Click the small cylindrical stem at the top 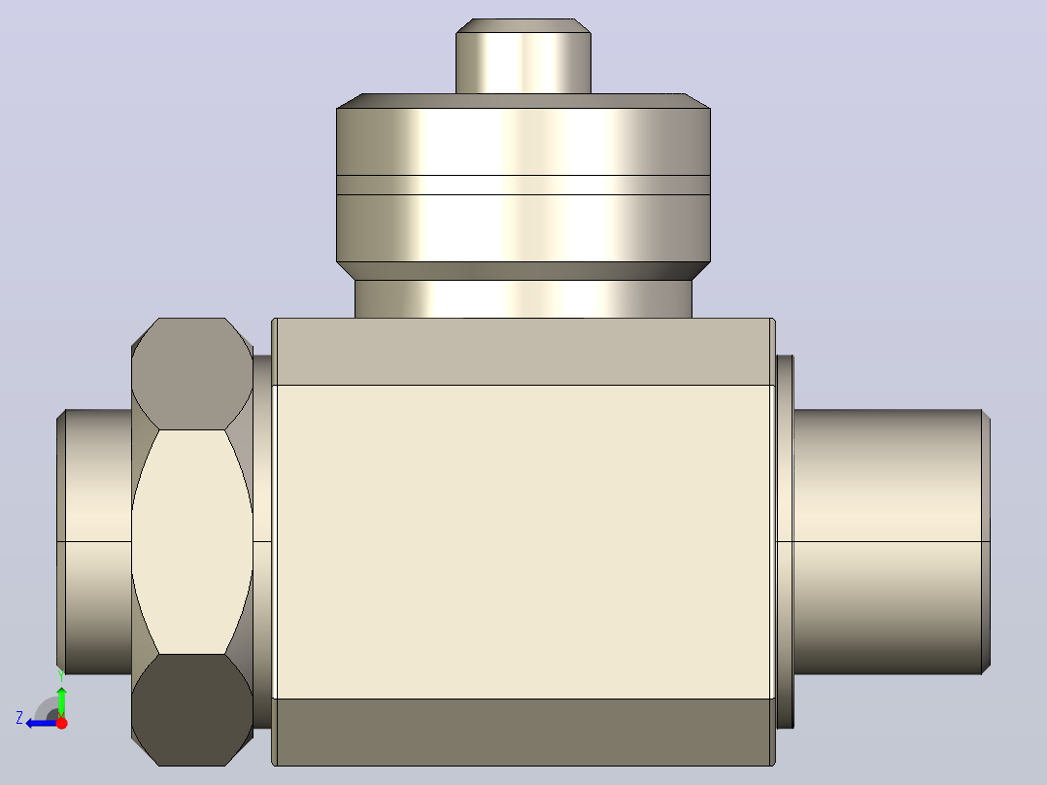pyautogui.click(x=523, y=56)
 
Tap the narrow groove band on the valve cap pyautogui.click(x=523, y=185)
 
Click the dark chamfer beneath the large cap pyautogui.click(x=523, y=271)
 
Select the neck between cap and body pyautogui.click(x=523, y=298)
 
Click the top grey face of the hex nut pyautogui.click(x=191, y=373)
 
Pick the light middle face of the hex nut pyautogui.click(x=192, y=542)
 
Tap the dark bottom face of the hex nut pyautogui.click(x=191, y=709)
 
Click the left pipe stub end pyautogui.click(x=94, y=542)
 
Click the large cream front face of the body pyautogui.click(x=523, y=542)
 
